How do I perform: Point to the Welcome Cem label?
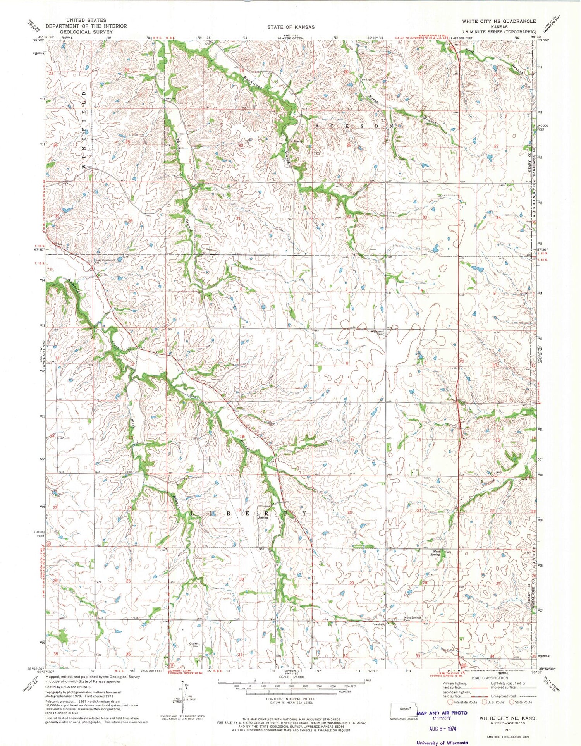pyautogui.click(x=378, y=333)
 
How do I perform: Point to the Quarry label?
pyautogui.click(x=297, y=141)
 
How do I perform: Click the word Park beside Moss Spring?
pyautogui.click(x=448, y=552)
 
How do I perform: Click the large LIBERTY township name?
pyautogui.click(x=250, y=513)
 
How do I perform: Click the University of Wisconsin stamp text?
pyautogui.click(x=442, y=743)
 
